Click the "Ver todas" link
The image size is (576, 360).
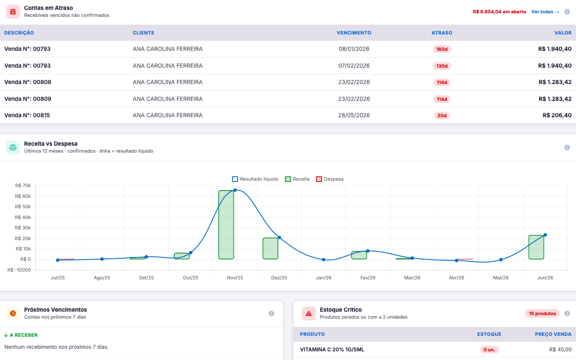[545, 12]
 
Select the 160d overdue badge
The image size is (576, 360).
[442, 49]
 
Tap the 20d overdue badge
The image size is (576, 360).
[442, 116]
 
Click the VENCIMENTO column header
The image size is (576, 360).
[354, 33]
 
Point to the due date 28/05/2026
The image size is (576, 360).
[354, 116]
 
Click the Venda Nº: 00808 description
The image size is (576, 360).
[28, 82]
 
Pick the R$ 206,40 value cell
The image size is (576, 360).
[557, 116]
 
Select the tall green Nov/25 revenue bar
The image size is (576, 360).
[226, 225]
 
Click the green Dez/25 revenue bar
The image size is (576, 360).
[271, 248]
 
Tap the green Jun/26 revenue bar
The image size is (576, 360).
[536, 247]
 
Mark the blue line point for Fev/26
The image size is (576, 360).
[368, 251]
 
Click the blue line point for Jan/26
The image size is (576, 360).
[324, 260]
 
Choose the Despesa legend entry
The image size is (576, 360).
[330, 179]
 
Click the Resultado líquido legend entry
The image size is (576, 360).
[255, 179]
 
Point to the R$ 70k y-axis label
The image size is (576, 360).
[23, 185]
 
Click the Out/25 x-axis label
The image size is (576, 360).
[191, 278]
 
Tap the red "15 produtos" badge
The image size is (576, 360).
[542, 313]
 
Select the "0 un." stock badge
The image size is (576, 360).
[489, 350]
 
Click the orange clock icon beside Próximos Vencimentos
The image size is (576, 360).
[13, 313]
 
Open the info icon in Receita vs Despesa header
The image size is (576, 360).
[567, 147]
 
